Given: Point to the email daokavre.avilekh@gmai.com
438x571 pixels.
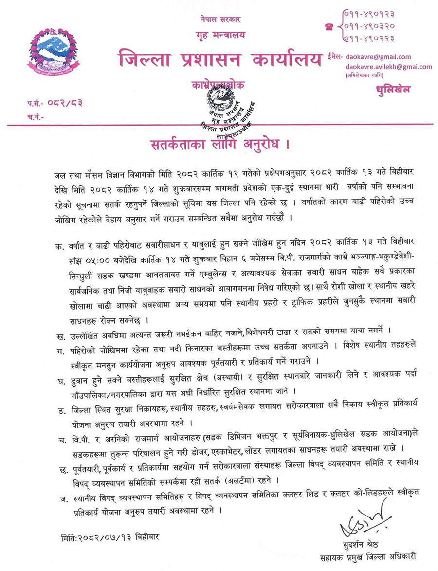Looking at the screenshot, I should coord(388,67).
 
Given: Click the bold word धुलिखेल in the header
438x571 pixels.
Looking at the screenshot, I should coord(393,89).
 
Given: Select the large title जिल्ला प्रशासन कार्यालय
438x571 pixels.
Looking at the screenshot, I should coord(219,60).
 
